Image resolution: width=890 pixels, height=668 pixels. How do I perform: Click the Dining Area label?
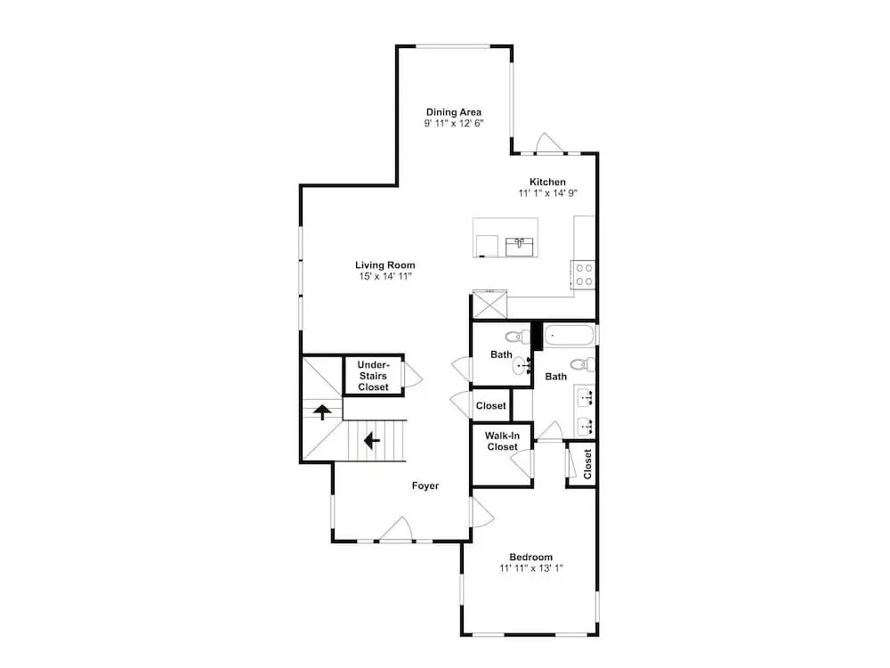[x=454, y=112]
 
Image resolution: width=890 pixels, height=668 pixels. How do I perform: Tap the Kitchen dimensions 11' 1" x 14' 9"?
[x=547, y=193]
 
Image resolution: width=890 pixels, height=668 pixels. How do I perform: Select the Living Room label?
[x=384, y=265]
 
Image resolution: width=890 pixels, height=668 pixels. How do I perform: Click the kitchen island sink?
[x=520, y=247]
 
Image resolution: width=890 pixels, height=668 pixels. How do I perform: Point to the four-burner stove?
[x=585, y=274]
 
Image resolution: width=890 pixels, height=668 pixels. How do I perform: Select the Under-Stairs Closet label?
[x=374, y=376]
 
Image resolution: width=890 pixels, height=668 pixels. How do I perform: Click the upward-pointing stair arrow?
[x=322, y=411]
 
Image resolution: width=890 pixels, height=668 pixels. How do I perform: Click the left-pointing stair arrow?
[x=372, y=440]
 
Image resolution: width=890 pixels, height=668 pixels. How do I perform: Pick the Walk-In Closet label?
[x=502, y=442]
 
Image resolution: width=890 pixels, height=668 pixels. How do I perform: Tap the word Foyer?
[x=425, y=485]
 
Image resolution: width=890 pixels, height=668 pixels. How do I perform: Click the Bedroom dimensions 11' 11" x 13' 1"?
[x=531, y=568]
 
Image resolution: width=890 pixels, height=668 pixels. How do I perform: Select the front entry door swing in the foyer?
[x=397, y=529]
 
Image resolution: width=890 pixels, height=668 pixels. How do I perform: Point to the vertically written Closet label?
[x=587, y=464]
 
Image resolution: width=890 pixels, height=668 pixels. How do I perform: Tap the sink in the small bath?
[x=522, y=367]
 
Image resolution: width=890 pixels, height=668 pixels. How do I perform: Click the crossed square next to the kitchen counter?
[x=489, y=305]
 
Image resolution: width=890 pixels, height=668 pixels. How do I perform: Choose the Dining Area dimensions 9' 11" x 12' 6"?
[x=454, y=123]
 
